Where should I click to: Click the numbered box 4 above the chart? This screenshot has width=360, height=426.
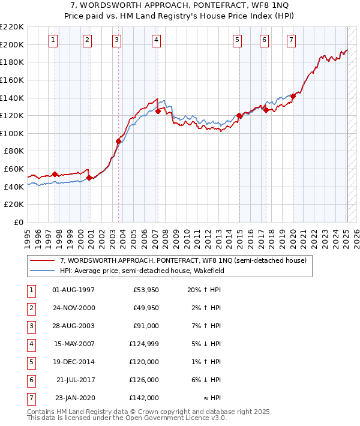click(x=156, y=40)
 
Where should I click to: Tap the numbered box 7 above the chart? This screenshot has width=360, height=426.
click(x=291, y=40)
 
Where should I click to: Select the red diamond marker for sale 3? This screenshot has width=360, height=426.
click(x=118, y=141)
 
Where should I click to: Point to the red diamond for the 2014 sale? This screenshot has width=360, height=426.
click(x=239, y=115)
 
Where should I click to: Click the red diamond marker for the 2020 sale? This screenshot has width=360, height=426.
click(x=293, y=96)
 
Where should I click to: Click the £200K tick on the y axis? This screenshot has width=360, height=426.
click(x=13, y=44)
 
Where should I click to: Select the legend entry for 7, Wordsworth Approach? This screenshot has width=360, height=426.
click(x=183, y=260)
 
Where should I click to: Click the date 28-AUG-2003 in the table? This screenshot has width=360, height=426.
click(x=73, y=326)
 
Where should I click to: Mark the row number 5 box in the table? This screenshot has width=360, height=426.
click(x=30, y=362)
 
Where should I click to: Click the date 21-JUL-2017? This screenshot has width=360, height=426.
click(x=74, y=380)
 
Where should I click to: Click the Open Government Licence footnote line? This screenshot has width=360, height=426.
click(x=127, y=418)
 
